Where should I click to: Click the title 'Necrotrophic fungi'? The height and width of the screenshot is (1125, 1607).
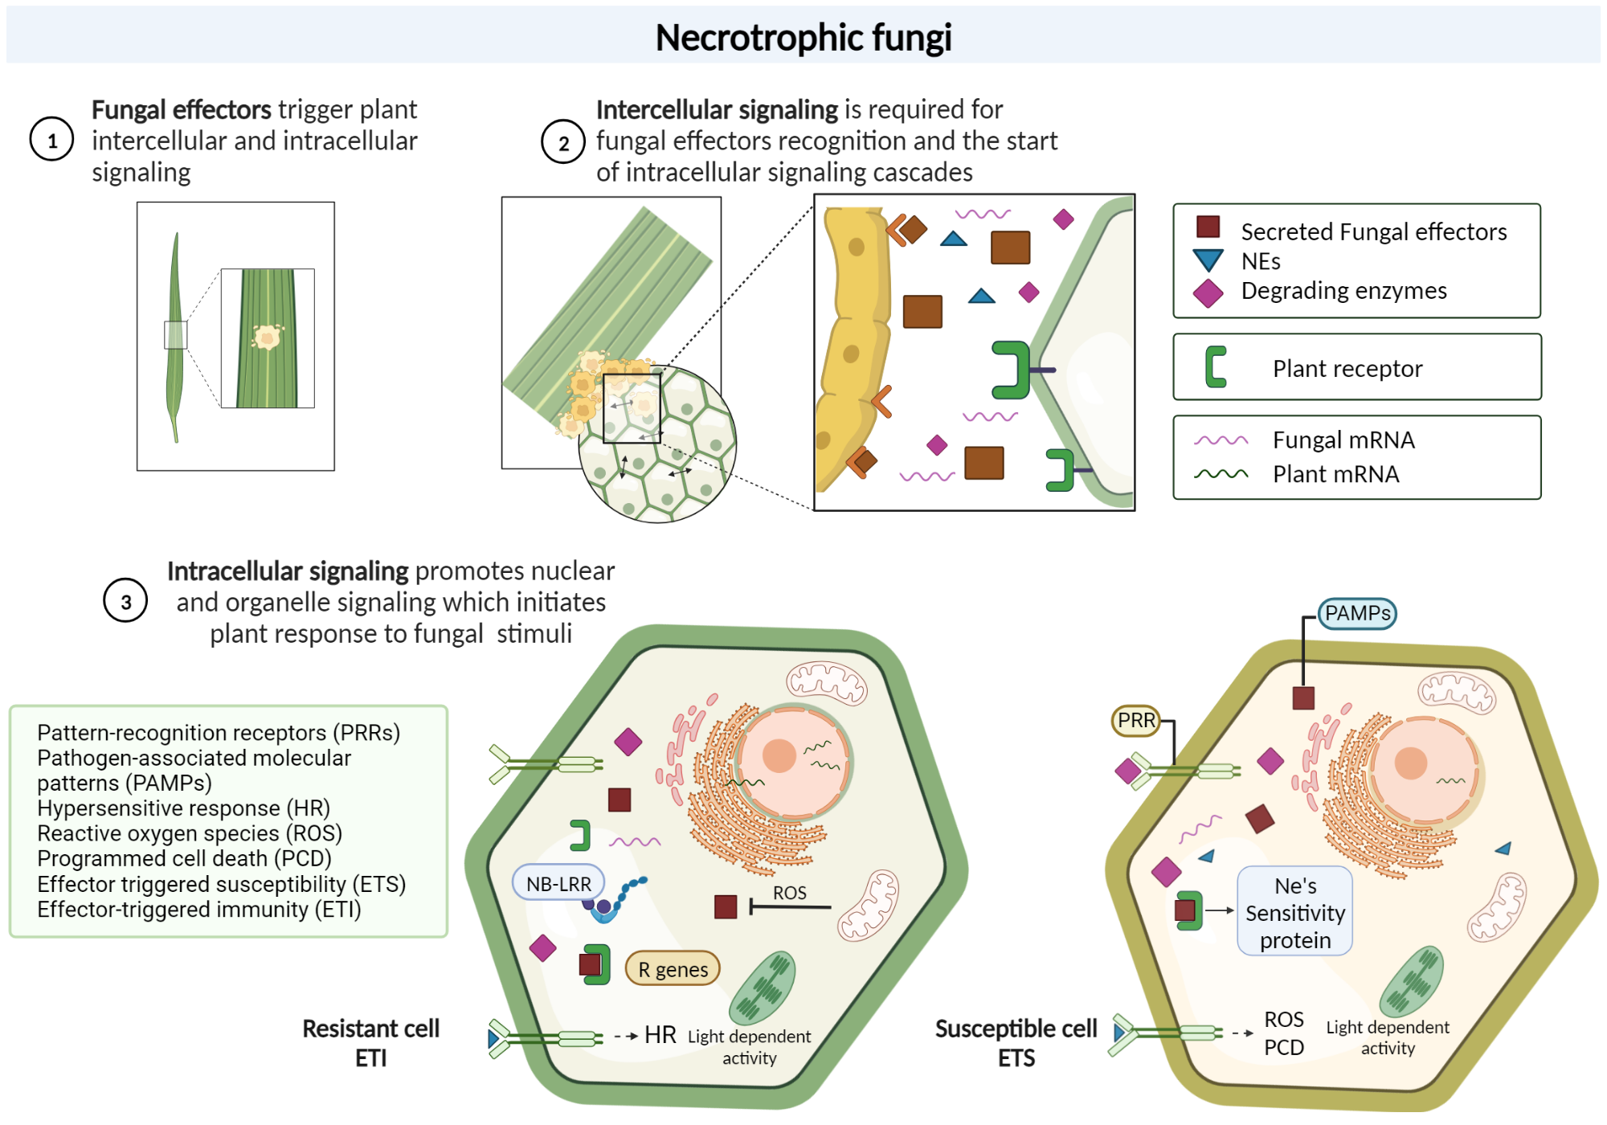pos(803,37)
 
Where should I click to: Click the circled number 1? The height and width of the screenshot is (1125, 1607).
pos(52,140)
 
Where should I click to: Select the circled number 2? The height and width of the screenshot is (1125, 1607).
pos(563,142)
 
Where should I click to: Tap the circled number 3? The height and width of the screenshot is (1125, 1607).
pos(126,601)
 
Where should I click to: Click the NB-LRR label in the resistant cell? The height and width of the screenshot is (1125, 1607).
pos(558,883)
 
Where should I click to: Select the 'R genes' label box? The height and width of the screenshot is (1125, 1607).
pos(673,969)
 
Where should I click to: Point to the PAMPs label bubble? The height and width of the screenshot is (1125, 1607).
pos(1357,613)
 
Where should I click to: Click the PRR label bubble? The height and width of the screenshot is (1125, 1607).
pos(1136,720)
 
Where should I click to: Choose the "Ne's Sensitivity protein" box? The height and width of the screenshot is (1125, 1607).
pos(1294,912)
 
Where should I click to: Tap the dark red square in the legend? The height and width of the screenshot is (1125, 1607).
pos(1208,227)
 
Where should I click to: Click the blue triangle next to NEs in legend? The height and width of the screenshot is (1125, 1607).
pos(1208,260)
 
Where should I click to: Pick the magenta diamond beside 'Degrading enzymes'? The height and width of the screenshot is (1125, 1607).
pos(1208,293)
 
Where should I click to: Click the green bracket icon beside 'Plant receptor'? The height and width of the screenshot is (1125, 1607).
pos(1216,367)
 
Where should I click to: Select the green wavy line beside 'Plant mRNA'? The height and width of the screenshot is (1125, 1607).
pos(1221,474)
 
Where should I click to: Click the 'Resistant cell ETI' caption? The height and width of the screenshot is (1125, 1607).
pos(370,1042)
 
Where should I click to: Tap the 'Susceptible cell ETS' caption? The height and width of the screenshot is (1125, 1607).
pos(1016,1042)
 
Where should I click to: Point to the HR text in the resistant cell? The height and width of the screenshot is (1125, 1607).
pos(660,1034)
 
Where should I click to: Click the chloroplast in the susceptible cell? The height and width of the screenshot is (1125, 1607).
pos(1411,981)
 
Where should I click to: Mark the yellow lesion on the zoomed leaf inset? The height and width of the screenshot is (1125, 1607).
pos(267,336)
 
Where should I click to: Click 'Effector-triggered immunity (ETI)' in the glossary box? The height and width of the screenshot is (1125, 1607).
pos(198,910)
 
